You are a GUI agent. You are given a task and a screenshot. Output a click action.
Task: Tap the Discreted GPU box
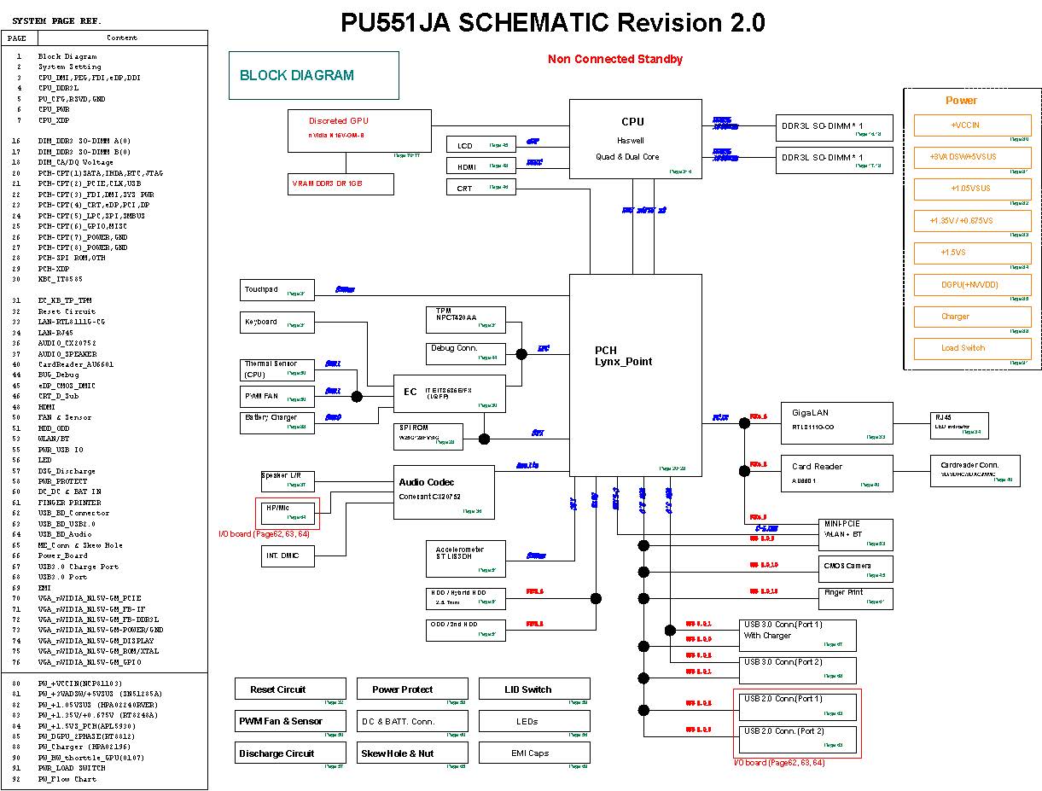359,130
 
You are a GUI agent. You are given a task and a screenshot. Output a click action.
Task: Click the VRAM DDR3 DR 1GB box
340,184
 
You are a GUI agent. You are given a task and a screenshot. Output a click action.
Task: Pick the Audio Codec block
444,492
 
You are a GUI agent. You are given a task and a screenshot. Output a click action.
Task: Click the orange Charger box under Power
972,317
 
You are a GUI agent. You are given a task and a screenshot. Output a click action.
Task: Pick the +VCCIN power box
972,125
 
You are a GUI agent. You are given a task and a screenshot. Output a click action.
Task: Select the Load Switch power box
972,348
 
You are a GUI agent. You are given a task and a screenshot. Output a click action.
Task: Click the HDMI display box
480,166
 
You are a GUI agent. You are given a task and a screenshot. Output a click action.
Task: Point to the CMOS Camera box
857,568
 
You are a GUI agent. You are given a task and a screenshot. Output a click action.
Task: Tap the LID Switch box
534,689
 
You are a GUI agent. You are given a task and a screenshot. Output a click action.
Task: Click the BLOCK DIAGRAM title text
297,75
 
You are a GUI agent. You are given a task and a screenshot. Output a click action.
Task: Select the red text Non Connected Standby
614,59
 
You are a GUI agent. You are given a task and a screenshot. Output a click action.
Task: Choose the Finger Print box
857,596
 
